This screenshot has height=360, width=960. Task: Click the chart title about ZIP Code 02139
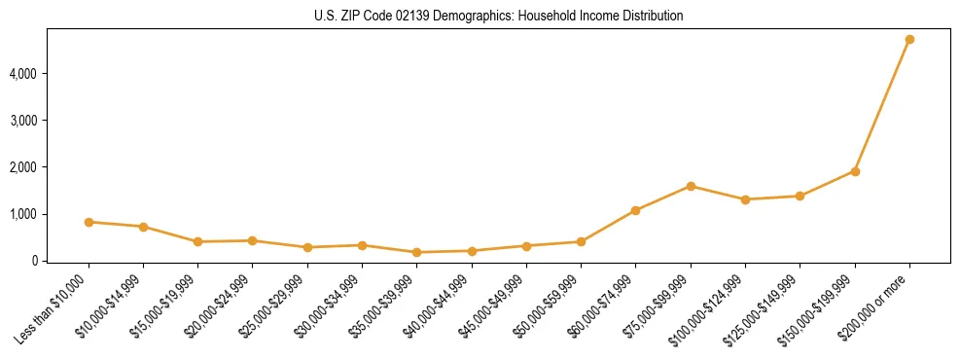pos(499,16)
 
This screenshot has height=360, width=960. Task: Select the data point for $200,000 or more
pos(909,39)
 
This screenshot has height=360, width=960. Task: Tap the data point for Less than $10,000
pos(89,222)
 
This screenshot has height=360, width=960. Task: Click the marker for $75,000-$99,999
pos(691,186)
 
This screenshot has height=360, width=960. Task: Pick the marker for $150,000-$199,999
pos(855,171)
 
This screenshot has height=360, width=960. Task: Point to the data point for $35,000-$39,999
pos(417,252)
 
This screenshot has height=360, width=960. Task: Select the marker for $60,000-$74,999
pos(636,210)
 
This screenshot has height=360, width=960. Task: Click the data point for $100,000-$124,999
pos(745,199)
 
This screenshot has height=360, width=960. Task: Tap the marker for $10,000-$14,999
pos(143,227)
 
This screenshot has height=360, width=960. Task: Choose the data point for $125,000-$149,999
pos(800,196)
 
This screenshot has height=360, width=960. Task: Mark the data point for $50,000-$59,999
pos(581,241)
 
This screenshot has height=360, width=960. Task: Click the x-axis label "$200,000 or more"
pos(874,305)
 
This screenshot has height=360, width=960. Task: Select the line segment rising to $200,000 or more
pos(882,105)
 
